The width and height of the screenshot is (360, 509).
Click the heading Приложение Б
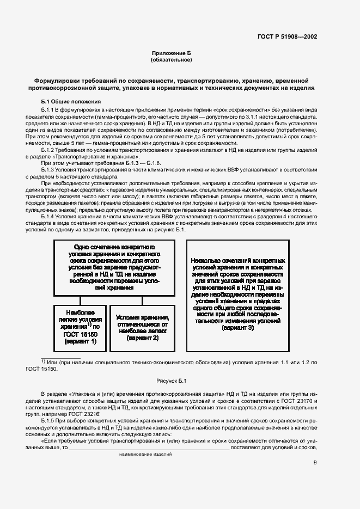[172, 53]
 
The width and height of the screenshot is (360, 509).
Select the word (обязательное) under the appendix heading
[172, 59]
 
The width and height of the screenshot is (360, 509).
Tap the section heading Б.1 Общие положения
[71, 101]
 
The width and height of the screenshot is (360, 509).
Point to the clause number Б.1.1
[49, 110]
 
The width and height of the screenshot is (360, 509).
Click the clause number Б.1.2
[49, 149]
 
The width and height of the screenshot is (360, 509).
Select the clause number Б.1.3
[49, 170]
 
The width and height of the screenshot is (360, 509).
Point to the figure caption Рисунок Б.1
[172, 381]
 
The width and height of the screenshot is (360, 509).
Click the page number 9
[315, 463]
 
